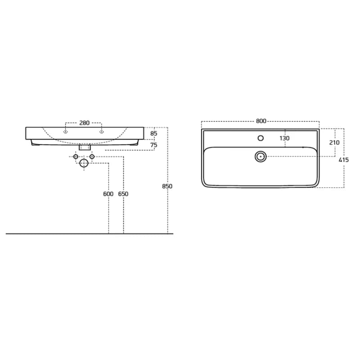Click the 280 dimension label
[84, 123]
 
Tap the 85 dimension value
[154, 133]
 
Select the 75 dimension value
[154, 145]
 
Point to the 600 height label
[108, 194]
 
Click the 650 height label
[123, 194]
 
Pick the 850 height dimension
[167, 186]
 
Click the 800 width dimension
[261, 121]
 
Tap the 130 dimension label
[284, 139]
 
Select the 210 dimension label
[334, 143]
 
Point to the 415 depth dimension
[344, 160]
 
